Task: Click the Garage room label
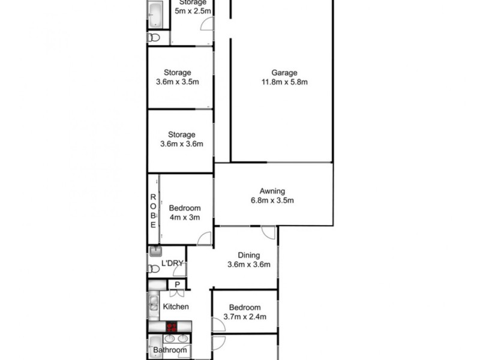coord(284,73)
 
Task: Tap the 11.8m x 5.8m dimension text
coord(284,82)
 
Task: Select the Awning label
coord(272,191)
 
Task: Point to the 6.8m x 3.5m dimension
coord(272,201)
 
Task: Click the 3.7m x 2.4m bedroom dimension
coord(244,317)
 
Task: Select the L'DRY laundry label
coord(172,263)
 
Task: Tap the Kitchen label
coord(176,307)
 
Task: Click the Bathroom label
coord(169,350)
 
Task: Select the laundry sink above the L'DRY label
coord(154,252)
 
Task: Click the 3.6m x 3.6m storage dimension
coord(182,144)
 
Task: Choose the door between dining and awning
coord(268,232)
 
